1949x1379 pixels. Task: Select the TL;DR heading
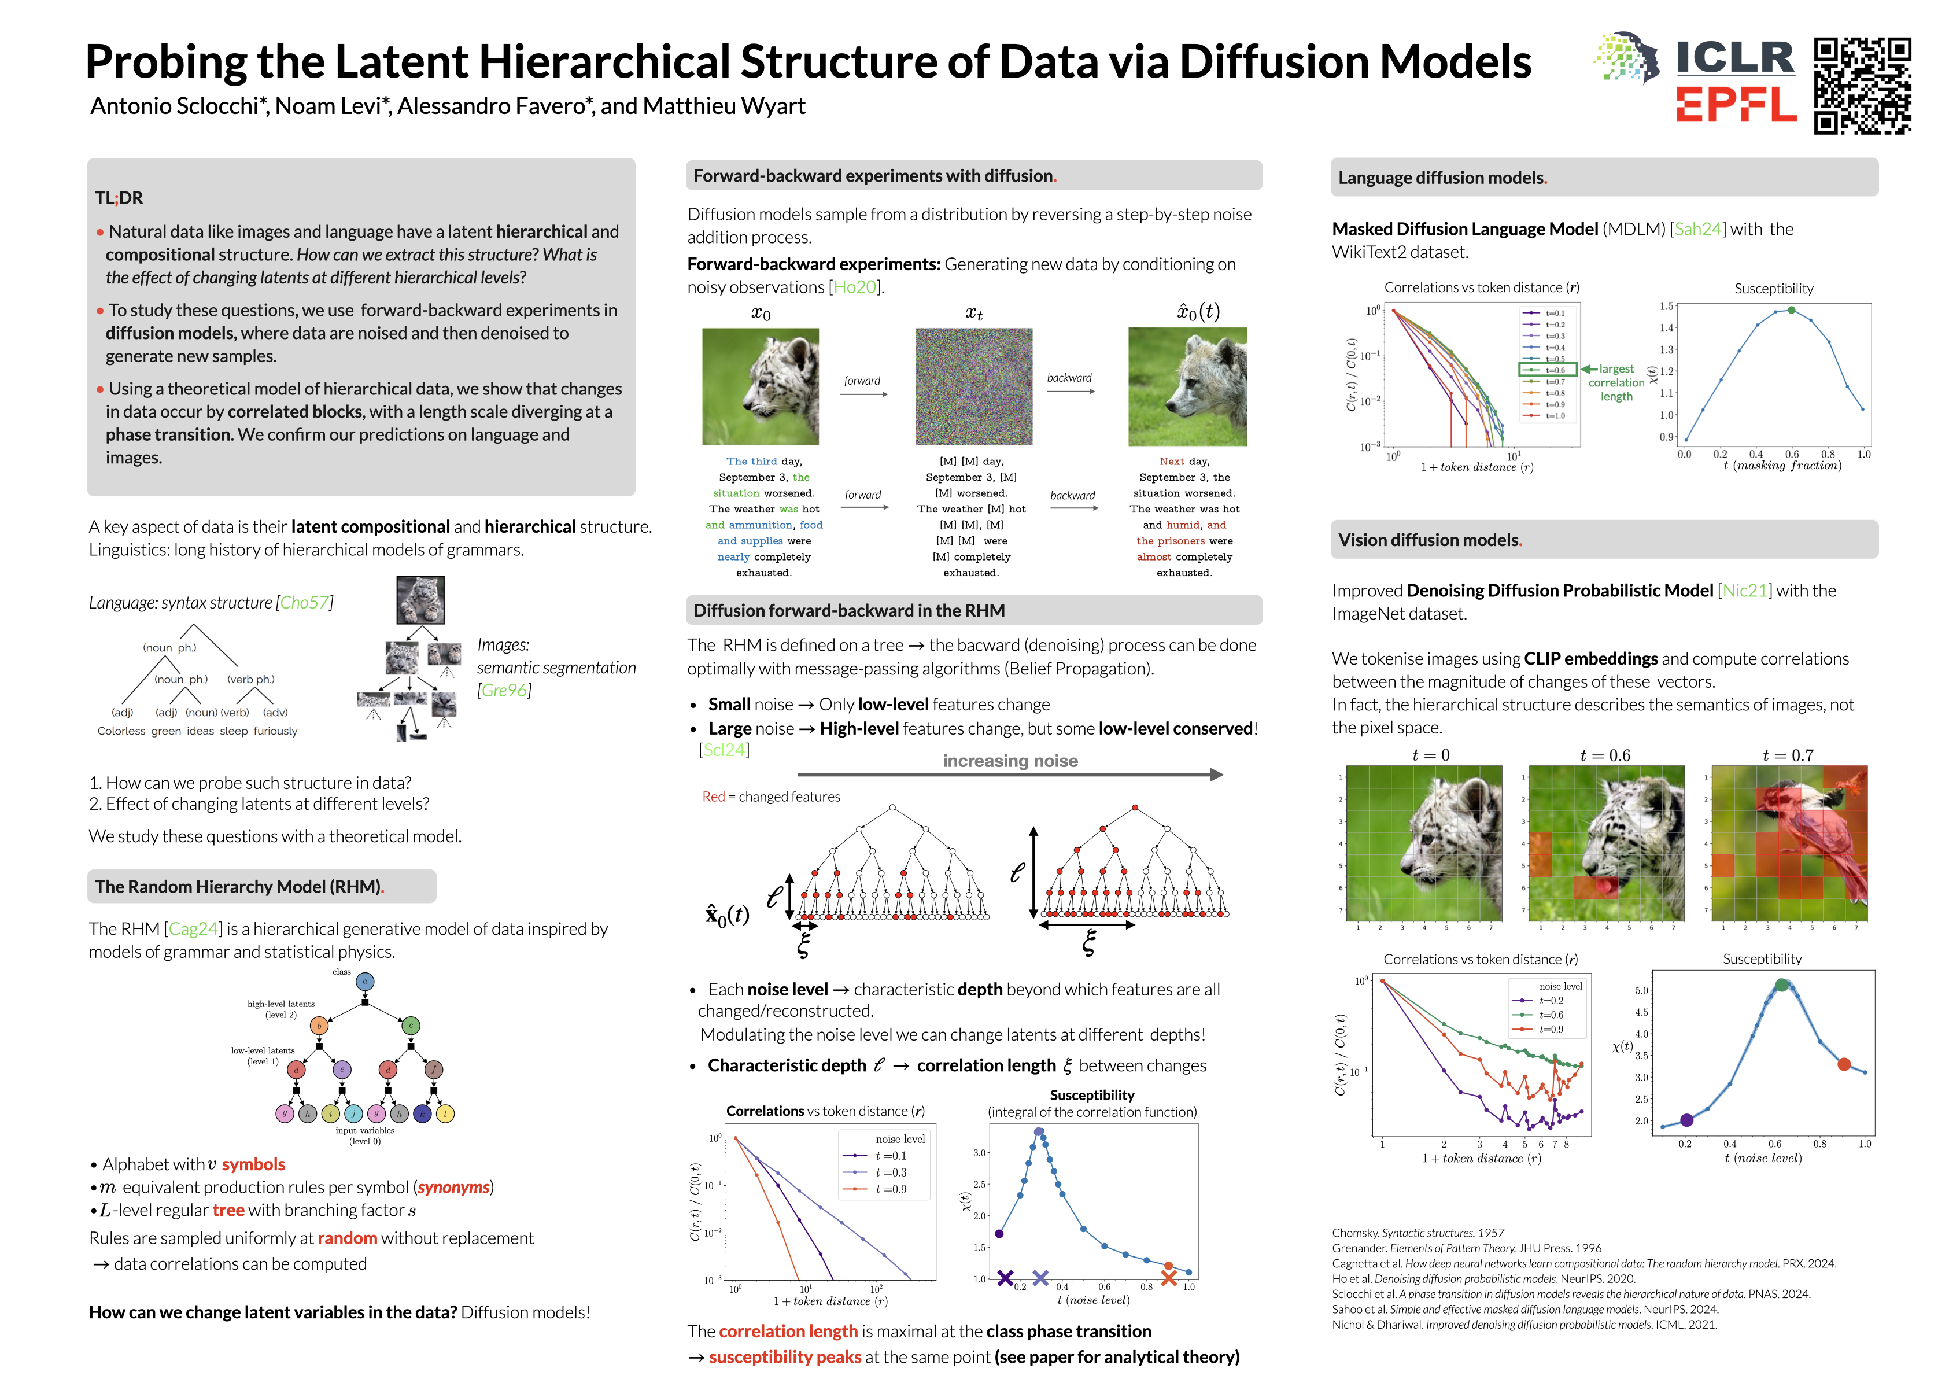pyautogui.click(x=119, y=198)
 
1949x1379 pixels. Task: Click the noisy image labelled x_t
pyautogui.click(x=974, y=386)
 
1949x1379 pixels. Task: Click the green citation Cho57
pyautogui.click(x=305, y=603)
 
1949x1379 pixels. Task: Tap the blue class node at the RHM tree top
pyautogui.click(x=365, y=982)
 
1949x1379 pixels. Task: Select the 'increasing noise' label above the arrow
pyautogui.click(x=1010, y=761)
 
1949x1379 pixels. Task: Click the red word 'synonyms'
pyautogui.click(x=453, y=1187)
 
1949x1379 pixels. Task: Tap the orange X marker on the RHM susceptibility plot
pyautogui.click(x=1169, y=1277)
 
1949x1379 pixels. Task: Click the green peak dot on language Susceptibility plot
pyautogui.click(x=1791, y=311)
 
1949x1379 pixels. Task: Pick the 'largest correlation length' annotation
pyautogui.click(x=1616, y=382)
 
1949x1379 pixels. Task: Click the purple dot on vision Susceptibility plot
pyautogui.click(x=1686, y=1120)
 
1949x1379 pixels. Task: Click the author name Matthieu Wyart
pyautogui.click(x=724, y=106)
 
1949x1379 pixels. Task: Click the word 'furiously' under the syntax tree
pyautogui.click(x=275, y=731)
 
